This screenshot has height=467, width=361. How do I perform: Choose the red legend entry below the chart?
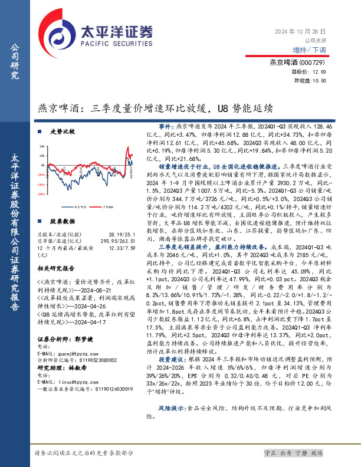[107, 207]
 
